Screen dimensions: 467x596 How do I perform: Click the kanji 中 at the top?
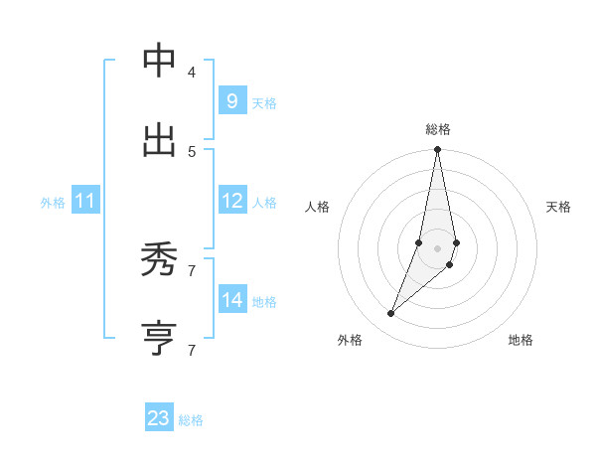point(159,61)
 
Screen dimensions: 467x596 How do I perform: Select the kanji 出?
point(159,140)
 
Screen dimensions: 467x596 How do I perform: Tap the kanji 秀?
point(159,259)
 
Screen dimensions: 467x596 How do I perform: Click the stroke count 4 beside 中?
point(192,72)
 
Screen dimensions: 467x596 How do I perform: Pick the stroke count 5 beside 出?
point(192,151)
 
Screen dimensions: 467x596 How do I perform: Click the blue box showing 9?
point(231,101)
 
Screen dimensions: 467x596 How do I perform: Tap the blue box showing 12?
point(232,201)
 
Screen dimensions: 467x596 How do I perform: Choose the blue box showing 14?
point(232,300)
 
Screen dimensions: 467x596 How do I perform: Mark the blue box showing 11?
point(85,202)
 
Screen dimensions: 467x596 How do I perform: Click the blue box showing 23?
point(159,418)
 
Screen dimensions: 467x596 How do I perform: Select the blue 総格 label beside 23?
point(191,420)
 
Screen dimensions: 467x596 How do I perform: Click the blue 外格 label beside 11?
point(53,203)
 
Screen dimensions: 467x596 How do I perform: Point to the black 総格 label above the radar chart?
point(438,129)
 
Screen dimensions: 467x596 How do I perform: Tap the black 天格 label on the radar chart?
point(558,207)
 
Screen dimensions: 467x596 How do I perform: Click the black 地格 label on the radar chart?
point(521,340)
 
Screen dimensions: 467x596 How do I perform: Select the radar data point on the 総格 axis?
point(438,150)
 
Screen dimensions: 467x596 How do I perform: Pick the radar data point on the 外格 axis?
point(391,314)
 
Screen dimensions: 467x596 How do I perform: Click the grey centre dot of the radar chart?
point(438,248)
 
